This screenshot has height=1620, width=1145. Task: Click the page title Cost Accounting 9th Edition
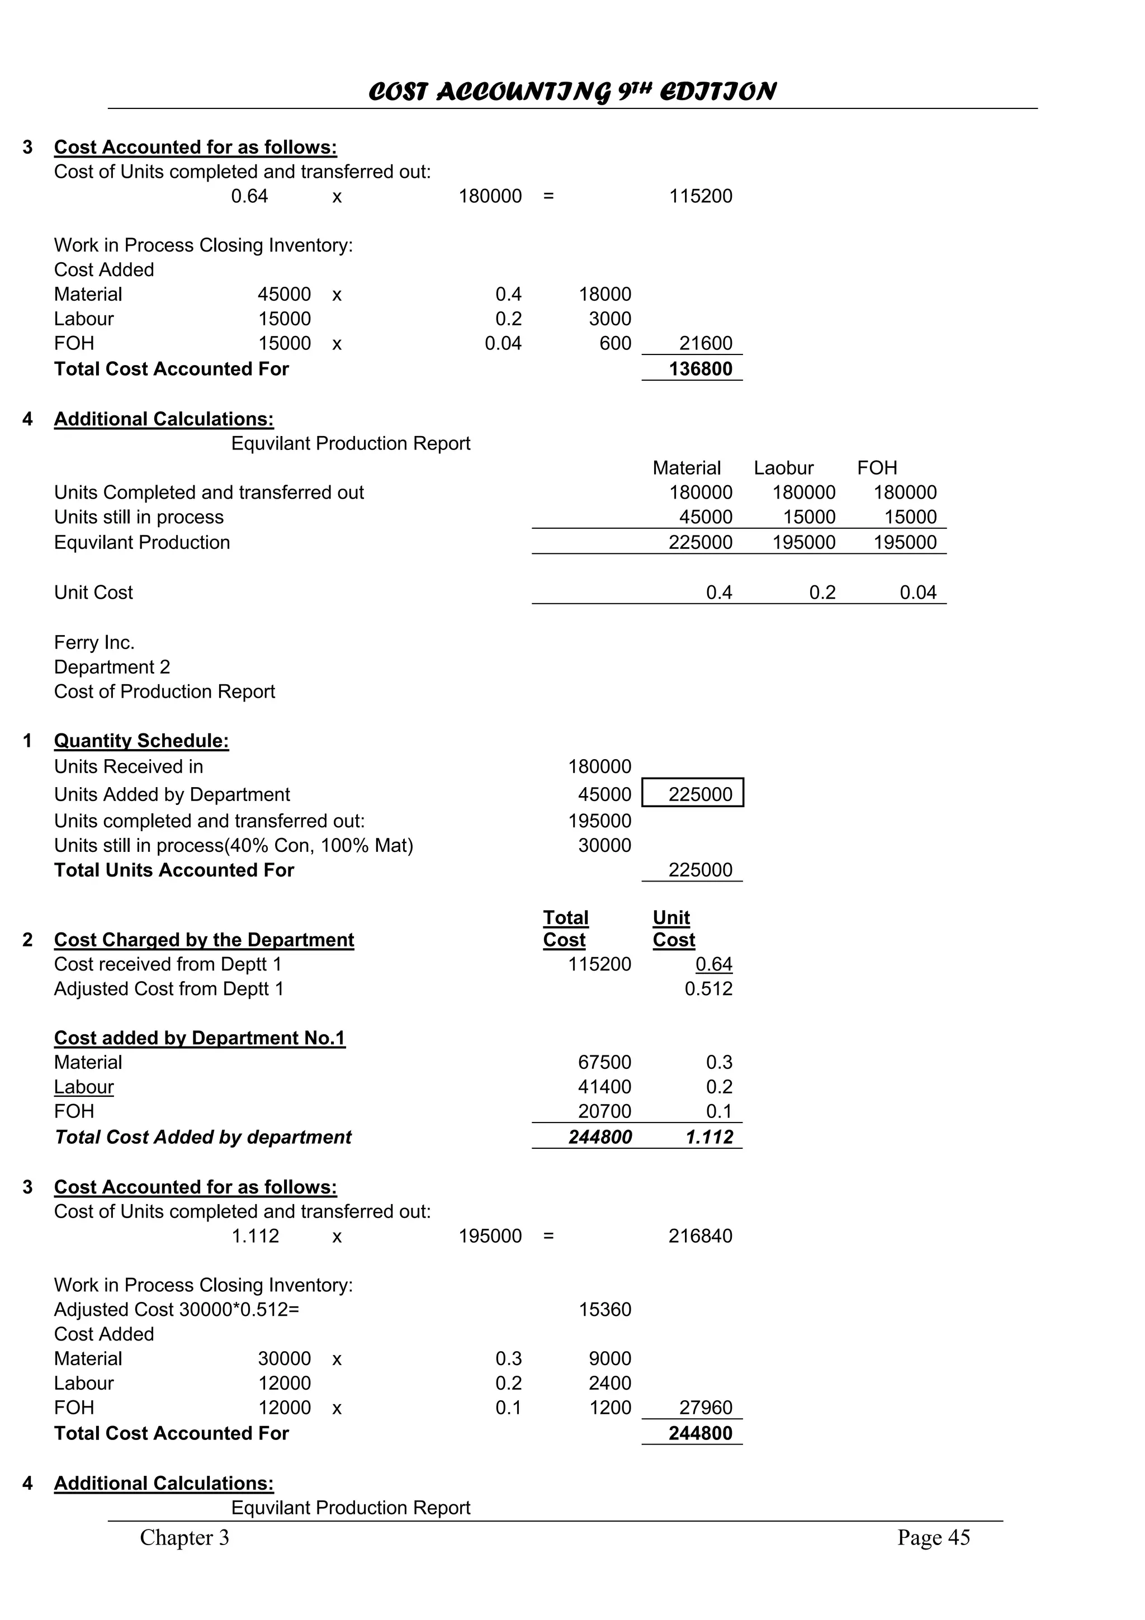572,92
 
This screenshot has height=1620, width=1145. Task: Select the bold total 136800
700,369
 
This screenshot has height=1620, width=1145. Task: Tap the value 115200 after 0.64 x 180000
700,196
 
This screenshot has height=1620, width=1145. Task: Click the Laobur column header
783,468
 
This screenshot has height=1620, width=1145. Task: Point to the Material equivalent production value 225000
700,542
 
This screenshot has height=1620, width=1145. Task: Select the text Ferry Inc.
94,642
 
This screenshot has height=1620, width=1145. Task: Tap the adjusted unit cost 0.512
708,988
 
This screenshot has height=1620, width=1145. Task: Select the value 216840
700,1235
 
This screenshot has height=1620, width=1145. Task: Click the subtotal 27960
706,1408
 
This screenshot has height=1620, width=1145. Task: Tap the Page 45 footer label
933,1537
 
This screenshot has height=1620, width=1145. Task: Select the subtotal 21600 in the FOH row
706,344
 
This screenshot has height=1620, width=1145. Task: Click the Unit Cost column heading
673,929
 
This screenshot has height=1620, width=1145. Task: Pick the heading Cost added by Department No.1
200,1038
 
